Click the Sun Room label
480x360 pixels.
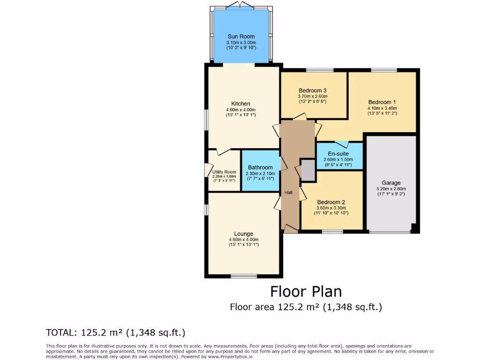point(241,37)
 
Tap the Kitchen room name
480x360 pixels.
point(240,104)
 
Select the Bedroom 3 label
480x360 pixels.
point(312,90)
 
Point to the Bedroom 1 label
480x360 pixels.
point(382,102)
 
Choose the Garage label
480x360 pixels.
point(391,183)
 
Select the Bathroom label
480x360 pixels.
point(260,167)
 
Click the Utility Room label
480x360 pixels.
point(224,172)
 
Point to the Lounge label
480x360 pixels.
point(243,233)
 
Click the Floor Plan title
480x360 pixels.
point(306,292)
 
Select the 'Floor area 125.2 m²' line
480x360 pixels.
point(306,307)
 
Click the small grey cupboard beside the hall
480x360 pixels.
point(308,170)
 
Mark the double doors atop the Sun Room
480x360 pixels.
point(240,5)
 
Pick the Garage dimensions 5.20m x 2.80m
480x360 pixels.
point(391,189)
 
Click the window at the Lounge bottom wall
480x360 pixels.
point(243,276)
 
